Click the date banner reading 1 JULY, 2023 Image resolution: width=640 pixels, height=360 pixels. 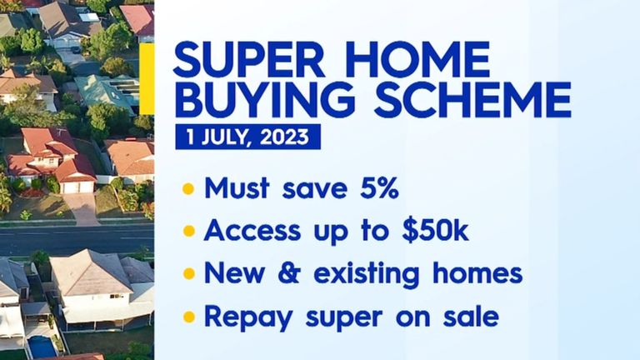(x=247, y=137)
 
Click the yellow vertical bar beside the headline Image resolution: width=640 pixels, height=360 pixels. (x=147, y=79)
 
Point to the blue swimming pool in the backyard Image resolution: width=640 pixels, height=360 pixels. (x=42, y=345)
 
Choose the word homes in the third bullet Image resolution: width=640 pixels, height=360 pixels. (x=482, y=272)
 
